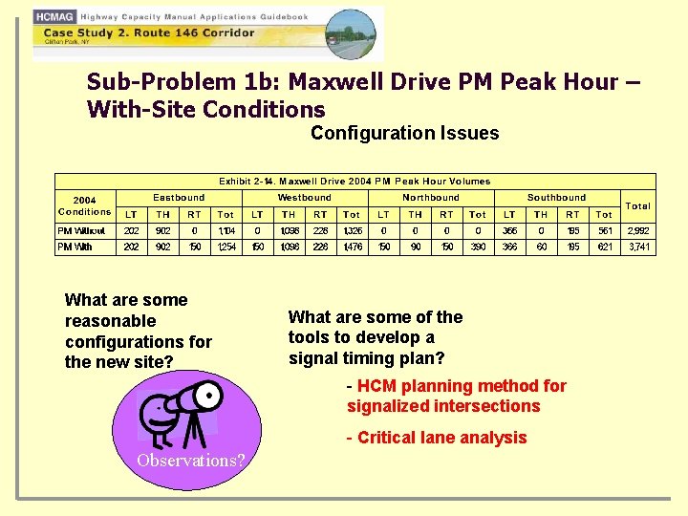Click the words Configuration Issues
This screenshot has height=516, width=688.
click(404, 133)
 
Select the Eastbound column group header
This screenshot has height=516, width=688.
click(179, 198)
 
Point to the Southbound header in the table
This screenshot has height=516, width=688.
click(556, 198)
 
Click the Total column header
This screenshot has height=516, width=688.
click(637, 205)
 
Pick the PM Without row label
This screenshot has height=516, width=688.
click(82, 230)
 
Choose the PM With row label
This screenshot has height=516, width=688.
click(75, 247)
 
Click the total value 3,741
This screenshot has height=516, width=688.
click(637, 247)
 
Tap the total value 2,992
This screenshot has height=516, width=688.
click(637, 230)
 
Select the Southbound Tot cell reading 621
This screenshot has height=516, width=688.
click(604, 247)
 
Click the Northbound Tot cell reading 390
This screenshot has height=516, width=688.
click(478, 247)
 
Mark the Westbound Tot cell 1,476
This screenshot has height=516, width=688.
click(352, 247)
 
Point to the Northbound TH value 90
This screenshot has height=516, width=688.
click(415, 247)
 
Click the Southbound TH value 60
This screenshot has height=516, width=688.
click(541, 247)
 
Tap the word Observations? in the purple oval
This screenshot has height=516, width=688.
click(190, 461)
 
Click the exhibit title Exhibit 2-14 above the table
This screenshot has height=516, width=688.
click(355, 181)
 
